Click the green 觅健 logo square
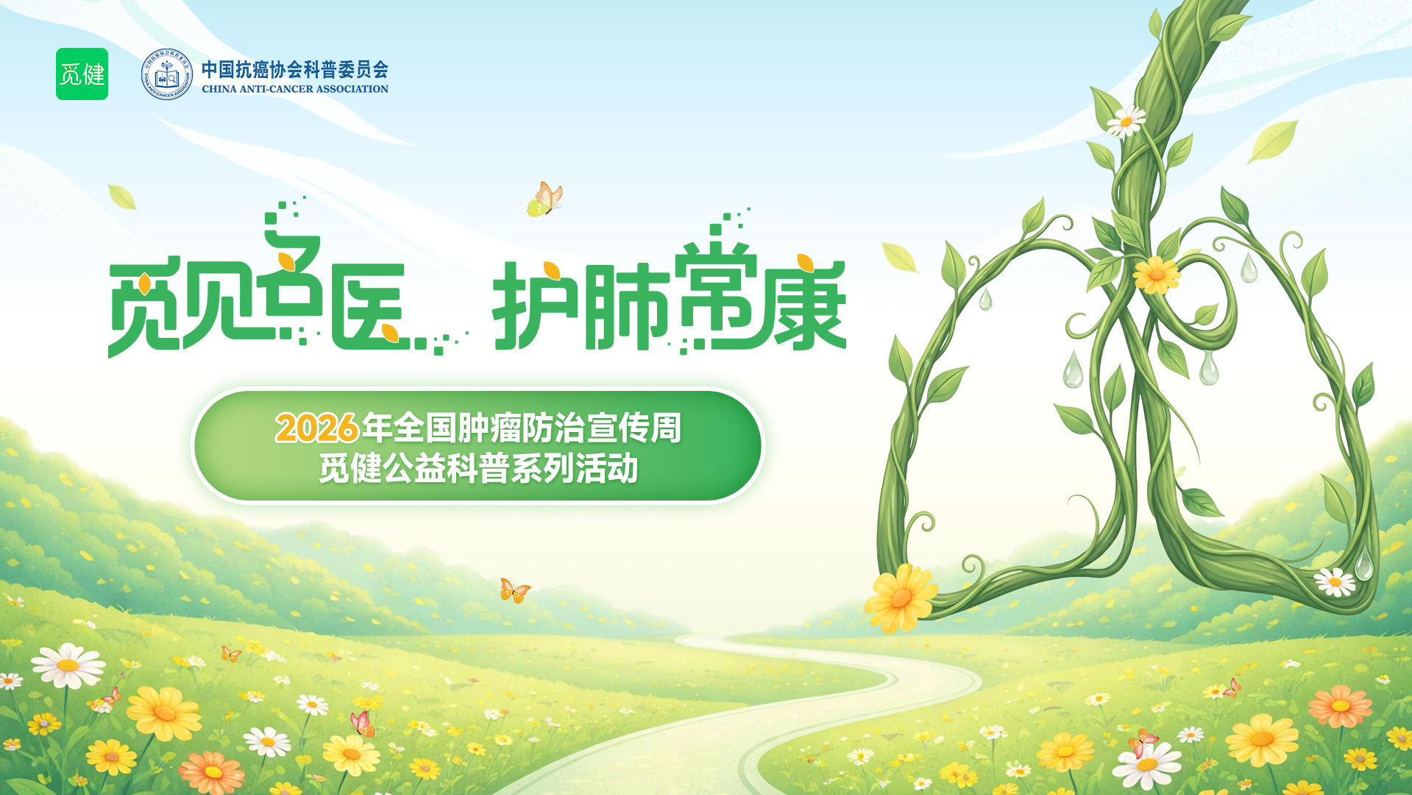click(x=82, y=74)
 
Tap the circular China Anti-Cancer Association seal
click(x=167, y=74)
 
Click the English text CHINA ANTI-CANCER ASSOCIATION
click(x=295, y=89)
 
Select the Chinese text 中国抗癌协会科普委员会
click(x=295, y=69)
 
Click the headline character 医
click(x=369, y=306)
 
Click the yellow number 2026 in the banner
click(x=317, y=428)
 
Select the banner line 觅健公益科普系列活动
click(x=478, y=469)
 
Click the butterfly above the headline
click(x=545, y=199)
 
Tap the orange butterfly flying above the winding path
click(x=514, y=590)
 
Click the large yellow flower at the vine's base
click(x=901, y=598)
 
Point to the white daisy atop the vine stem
click(x=1126, y=121)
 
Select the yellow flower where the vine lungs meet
click(x=1156, y=275)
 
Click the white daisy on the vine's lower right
click(x=1335, y=582)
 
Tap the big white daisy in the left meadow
click(x=68, y=665)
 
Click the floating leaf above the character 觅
click(x=122, y=197)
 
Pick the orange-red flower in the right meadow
click(x=1340, y=705)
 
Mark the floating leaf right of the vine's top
click(x=1272, y=141)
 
